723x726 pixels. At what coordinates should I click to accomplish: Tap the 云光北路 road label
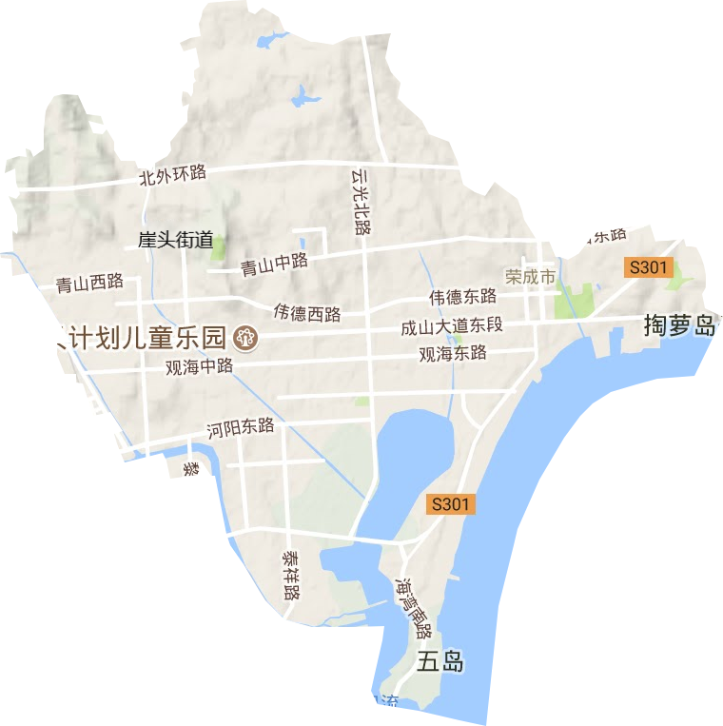click(x=360, y=202)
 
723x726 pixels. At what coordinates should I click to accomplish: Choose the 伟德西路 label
click(x=307, y=311)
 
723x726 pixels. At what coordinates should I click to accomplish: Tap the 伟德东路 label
click(x=462, y=297)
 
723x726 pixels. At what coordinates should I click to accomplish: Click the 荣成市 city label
click(x=530, y=277)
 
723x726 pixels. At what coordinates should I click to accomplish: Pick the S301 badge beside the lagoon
click(x=449, y=503)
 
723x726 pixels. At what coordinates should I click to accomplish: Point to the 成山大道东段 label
click(x=450, y=327)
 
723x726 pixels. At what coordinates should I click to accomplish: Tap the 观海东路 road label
click(x=454, y=353)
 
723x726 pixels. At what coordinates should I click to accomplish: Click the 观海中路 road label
click(x=199, y=365)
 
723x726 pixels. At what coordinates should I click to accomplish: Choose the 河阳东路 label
click(x=241, y=427)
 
